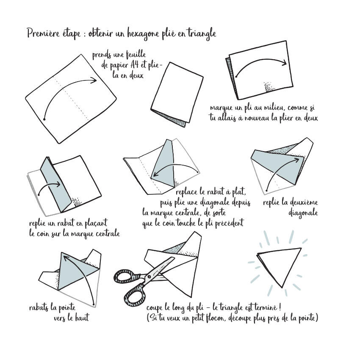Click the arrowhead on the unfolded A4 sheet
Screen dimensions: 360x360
pyautogui.click(x=93, y=80)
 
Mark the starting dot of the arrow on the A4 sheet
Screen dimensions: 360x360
pyautogui.click(x=44, y=119)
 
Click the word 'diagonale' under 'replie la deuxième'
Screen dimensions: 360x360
pyautogui.click(x=303, y=213)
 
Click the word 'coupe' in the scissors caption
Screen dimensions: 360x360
pyautogui.click(x=155, y=308)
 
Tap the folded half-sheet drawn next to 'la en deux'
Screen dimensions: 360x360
pyautogui.click(x=177, y=94)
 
